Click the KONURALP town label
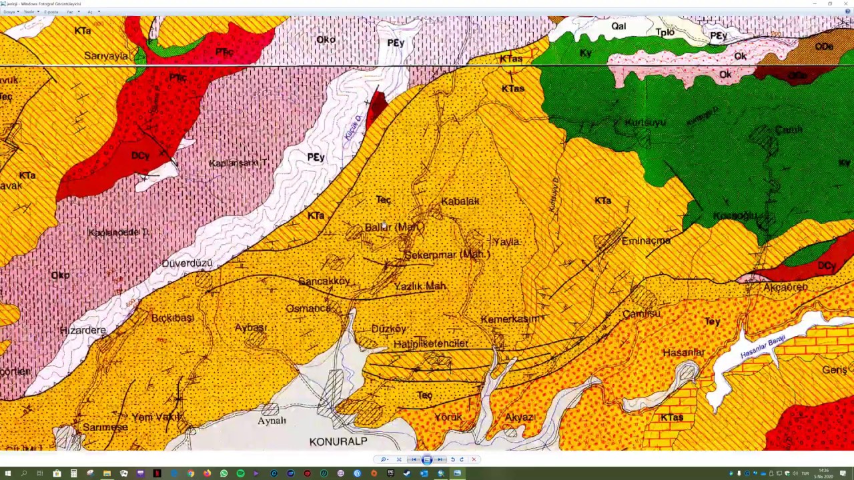click(x=338, y=441)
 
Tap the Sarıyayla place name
click(x=106, y=56)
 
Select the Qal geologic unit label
click(x=618, y=26)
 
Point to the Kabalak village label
click(x=460, y=201)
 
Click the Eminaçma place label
click(x=645, y=241)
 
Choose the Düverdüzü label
click(x=187, y=263)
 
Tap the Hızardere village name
click(x=83, y=330)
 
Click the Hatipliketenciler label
click(x=430, y=343)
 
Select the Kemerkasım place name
click(x=509, y=319)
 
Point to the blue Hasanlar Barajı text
click(x=763, y=347)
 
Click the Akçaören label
click(x=785, y=287)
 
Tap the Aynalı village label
click(x=272, y=421)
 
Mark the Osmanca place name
click(x=308, y=308)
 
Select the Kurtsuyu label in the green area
click(x=645, y=122)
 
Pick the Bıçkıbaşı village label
click(x=172, y=318)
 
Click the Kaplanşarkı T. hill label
click(x=238, y=163)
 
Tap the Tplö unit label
click(x=665, y=32)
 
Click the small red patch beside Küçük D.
click(x=377, y=107)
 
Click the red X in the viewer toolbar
click(x=474, y=459)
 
